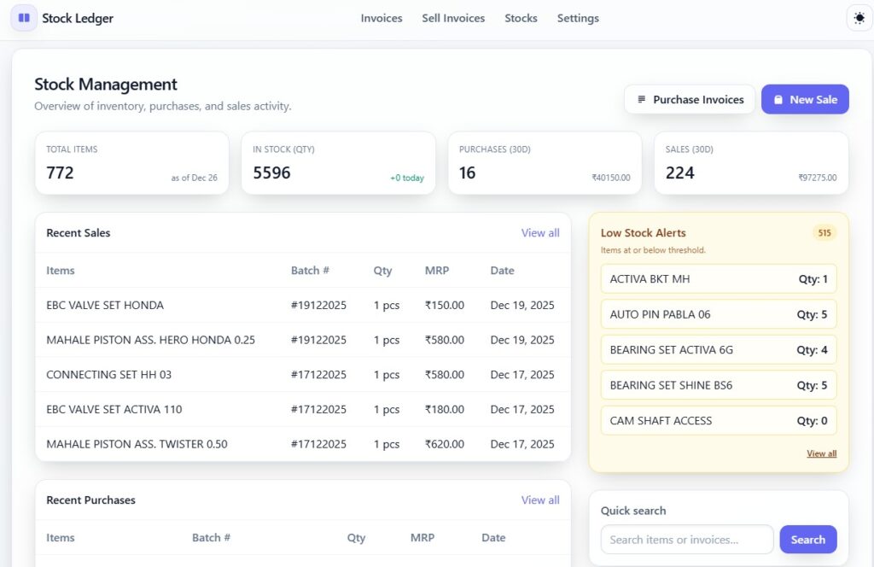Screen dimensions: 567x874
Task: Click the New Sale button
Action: tap(805, 99)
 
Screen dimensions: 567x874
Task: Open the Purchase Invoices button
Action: tap(690, 99)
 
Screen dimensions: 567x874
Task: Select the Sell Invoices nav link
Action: tap(453, 18)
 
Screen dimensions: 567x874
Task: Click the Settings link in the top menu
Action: tap(578, 18)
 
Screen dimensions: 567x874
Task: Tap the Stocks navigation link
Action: tap(521, 18)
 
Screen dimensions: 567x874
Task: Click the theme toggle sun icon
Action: tap(859, 18)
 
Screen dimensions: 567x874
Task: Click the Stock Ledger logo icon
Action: tap(24, 18)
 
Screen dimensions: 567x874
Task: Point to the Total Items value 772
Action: tap(60, 172)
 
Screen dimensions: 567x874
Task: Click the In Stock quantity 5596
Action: tap(271, 172)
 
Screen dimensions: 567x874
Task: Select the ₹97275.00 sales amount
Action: tap(817, 178)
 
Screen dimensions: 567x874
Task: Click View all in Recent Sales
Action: tap(540, 233)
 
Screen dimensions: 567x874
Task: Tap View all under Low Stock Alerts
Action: tap(821, 453)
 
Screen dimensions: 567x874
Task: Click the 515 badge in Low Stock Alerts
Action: tap(824, 233)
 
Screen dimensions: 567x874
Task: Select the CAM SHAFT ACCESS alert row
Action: tap(719, 420)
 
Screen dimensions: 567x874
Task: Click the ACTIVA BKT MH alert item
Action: tap(719, 279)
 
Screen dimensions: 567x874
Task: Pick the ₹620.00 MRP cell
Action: tap(445, 444)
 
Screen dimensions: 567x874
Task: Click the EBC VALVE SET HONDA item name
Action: tap(105, 305)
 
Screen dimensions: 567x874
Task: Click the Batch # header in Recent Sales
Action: tap(310, 271)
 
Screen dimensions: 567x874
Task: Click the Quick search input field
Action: tap(687, 540)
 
